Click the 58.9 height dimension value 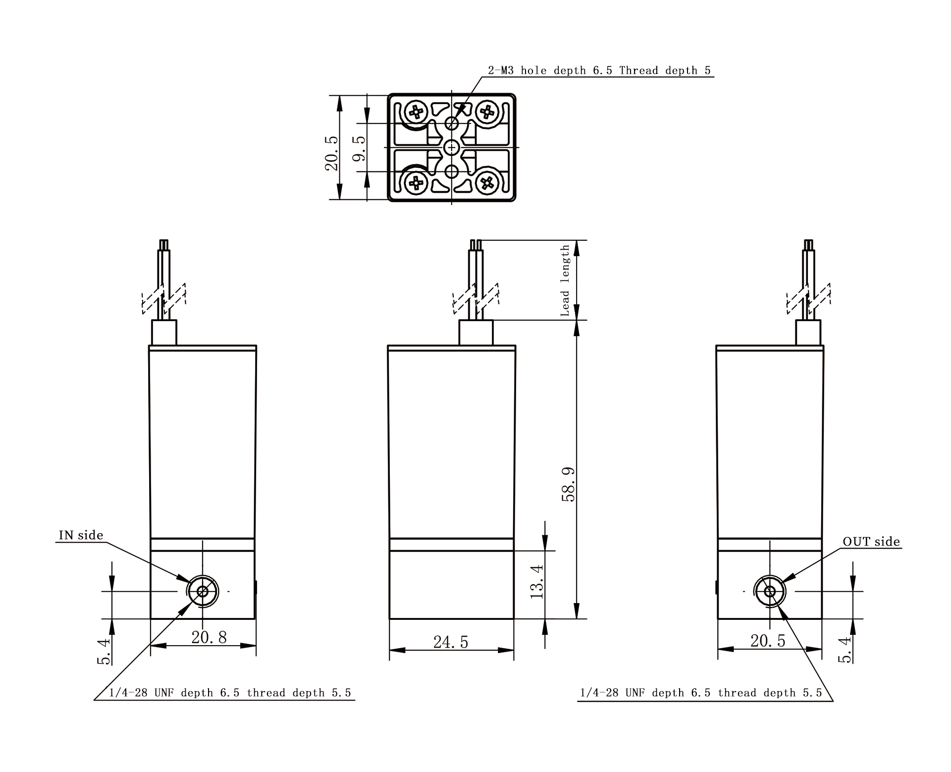(568, 484)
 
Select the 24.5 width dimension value (451, 642)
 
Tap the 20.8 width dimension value (209, 637)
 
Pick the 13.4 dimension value (537, 581)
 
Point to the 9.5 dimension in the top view (359, 148)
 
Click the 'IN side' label (81, 535)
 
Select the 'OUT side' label (871, 542)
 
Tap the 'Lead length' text (565, 280)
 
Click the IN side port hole (203, 591)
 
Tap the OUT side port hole (770, 591)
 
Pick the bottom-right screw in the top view (487, 183)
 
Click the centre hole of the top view (452, 147)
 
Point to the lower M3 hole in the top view (452, 171)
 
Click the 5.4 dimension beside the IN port (104, 651)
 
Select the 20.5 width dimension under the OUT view (768, 641)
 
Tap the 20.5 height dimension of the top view (331, 154)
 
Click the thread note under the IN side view (230, 693)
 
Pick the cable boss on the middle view (476, 332)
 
